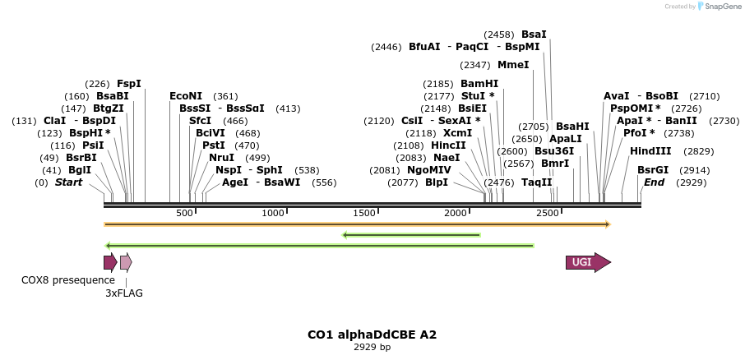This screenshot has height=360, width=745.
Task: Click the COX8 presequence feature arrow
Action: pyautogui.click(x=109, y=262)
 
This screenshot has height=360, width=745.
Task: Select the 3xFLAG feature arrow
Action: pyautogui.click(x=125, y=262)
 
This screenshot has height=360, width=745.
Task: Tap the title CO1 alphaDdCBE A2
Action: pyautogui.click(x=372, y=335)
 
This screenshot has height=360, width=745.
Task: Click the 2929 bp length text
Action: pyautogui.click(x=372, y=347)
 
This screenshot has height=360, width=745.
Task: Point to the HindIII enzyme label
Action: pyautogui.click(x=650, y=151)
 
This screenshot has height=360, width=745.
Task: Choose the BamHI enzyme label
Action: pyautogui.click(x=479, y=84)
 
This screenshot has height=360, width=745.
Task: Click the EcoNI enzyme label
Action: pyautogui.click(x=186, y=96)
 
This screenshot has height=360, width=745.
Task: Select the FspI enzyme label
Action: pyautogui.click(x=129, y=84)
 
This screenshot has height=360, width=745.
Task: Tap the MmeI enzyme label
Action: pyautogui.click(x=513, y=65)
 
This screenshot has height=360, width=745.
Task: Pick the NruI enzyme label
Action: pyautogui.click(x=222, y=158)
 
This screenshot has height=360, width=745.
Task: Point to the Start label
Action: pyautogui.click(x=68, y=182)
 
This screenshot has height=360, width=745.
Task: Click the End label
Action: pyautogui.click(x=654, y=182)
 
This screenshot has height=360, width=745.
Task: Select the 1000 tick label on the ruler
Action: pyautogui.click(x=273, y=214)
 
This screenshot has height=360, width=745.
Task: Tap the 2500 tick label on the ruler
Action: pyautogui.click(x=547, y=214)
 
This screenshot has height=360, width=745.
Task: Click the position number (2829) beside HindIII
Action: pyautogui.click(x=698, y=151)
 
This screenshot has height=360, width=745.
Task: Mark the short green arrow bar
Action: pyautogui.click(x=411, y=235)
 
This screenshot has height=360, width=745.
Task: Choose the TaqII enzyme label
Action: pyautogui.click(x=537, y=182)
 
